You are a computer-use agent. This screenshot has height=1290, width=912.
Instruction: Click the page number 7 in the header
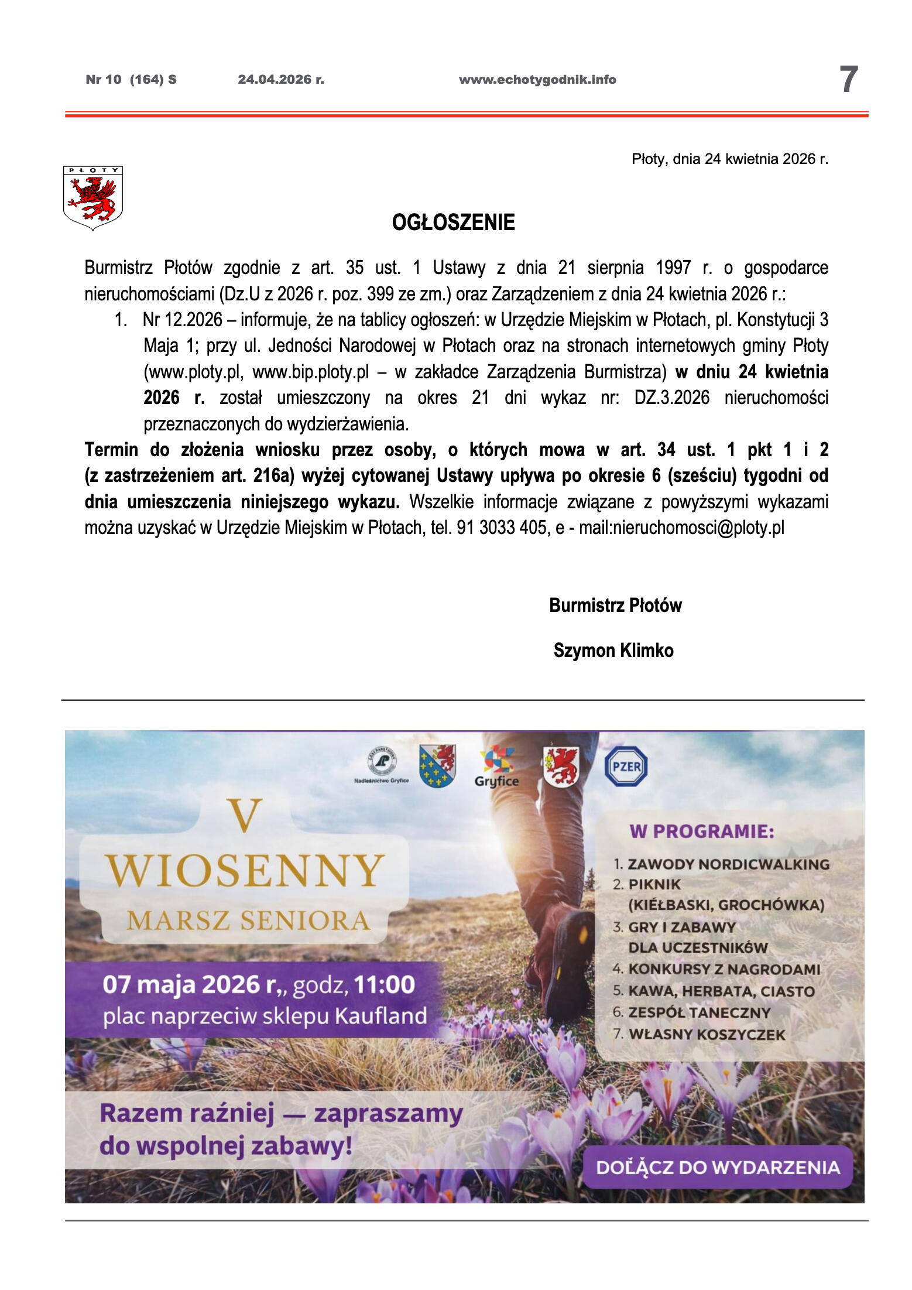tap(848, 80)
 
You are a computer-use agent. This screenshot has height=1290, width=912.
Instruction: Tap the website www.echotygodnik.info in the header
tap(537, 80)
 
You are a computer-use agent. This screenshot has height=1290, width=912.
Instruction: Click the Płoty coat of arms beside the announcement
tap(92, 197)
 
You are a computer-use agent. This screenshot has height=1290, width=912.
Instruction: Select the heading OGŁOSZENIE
tap(453, 223)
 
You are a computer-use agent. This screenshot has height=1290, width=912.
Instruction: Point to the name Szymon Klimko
tap(613, 651)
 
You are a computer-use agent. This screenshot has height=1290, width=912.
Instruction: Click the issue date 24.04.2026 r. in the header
tap(280, 80)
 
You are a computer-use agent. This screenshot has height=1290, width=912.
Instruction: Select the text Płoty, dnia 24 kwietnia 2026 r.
tap(729, 159)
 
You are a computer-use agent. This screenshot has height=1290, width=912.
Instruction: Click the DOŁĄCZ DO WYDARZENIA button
tap(718, 1167)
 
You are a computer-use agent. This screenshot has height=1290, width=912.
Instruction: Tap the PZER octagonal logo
tap(626, 766)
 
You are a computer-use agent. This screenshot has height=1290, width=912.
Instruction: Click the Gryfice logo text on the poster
tap(496, 781)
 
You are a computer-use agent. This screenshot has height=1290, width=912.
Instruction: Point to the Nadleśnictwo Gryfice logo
tap(382, 765)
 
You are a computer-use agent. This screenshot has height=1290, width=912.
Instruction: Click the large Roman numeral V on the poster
tap(245, 816)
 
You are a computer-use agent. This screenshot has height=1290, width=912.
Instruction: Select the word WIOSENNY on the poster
tap(245, 871)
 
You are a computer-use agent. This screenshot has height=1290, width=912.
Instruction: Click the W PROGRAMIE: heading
tap(701, 832)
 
